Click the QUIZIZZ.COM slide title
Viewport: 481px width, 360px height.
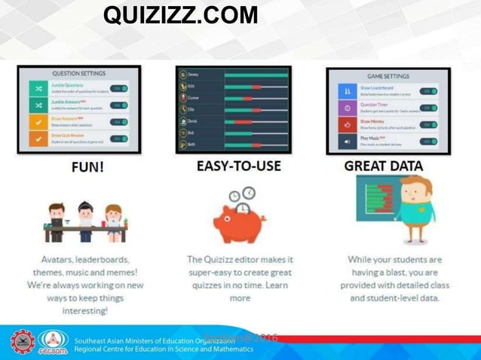click(x=180, y=15)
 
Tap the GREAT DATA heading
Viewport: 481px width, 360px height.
click(x=383, y=166)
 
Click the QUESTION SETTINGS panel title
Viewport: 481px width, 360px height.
click(x=78, y=74)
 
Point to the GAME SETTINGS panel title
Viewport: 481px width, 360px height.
click(x=388, y=76)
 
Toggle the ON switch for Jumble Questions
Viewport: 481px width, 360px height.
click(x=119, y=88)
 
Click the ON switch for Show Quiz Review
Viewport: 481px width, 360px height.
click(x=119, y=139)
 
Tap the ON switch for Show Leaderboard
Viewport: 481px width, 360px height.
click(x=428, y=91)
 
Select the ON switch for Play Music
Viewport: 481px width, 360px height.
click(x=428, y=141)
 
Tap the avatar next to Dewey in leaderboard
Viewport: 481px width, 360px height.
click(x=181, y=75)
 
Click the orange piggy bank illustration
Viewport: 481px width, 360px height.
click(x=237, y=221)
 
